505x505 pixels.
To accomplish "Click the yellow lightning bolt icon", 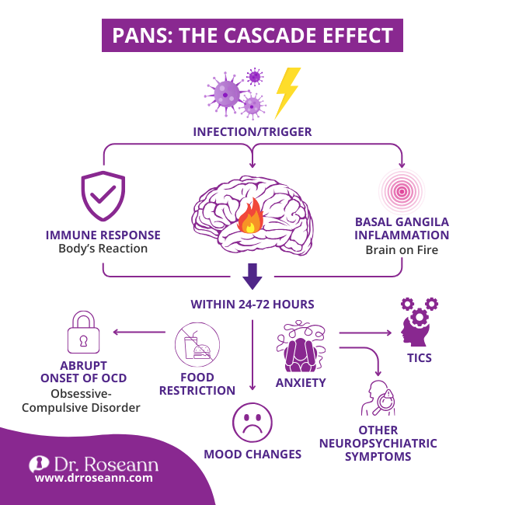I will pyautogui.click(x=287, y=91).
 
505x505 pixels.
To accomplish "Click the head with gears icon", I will pyautogui.click(x=418, y=324).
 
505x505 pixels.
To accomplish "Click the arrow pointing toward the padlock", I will pyautogui.click(x=140, y=333).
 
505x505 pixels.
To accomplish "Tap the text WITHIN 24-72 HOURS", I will pyautogui.click(x=252, y=304).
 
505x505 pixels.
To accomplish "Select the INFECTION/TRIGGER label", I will pyautogui.click(x=252, y=132).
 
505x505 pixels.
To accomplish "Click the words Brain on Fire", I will pyautogui.click(x=402, y=251).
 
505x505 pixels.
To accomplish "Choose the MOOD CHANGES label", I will pyautogui.click(x=253, y=454).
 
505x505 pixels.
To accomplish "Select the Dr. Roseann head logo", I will pyautogui.click(x=38, y=465).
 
